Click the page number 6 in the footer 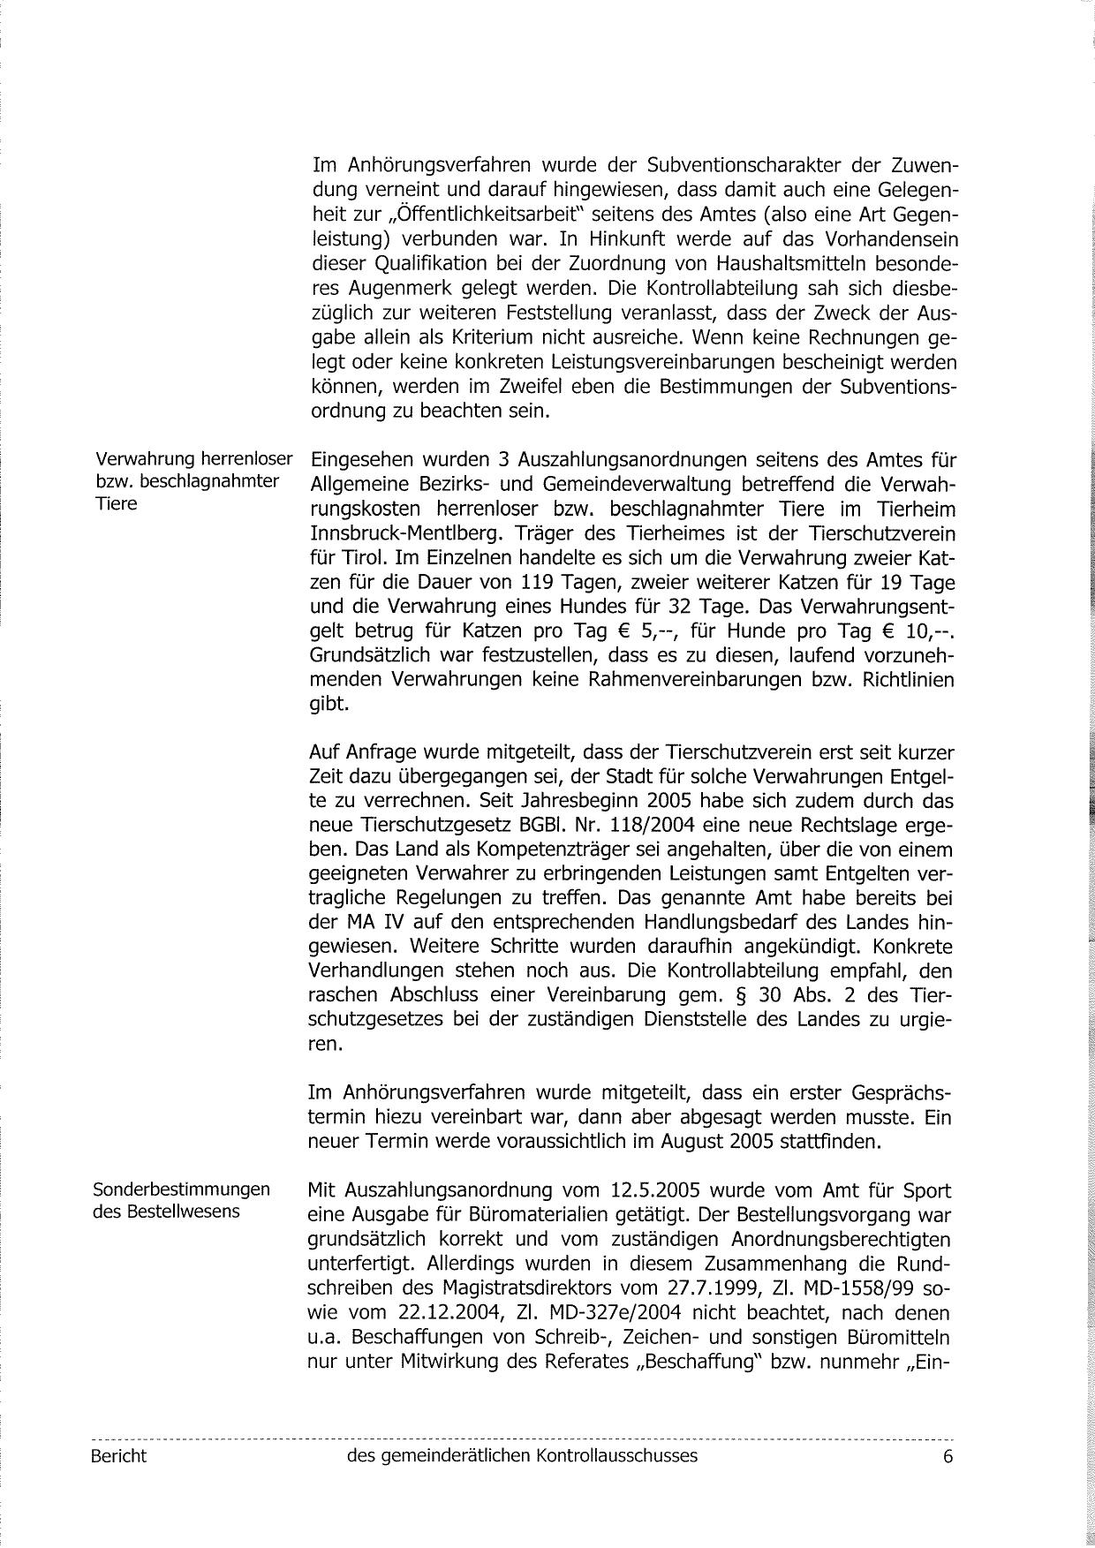[x=948, y=1456]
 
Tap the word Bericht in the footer [x=118, y=1455]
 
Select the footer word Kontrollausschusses [x=615, y=1455]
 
